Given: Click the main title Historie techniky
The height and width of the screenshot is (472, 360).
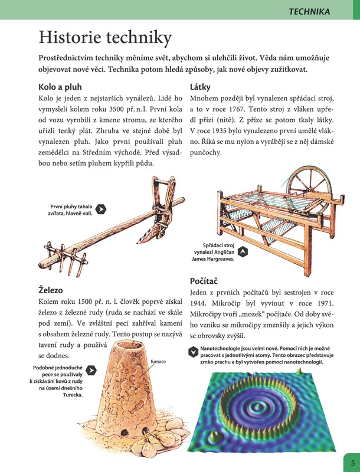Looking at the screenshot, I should click(105, 38).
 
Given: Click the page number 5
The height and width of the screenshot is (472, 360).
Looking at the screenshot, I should click(352, 463).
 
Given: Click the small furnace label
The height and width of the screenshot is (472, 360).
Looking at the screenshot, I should click(158, 361).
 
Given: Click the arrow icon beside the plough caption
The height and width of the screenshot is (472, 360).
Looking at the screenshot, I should click(101, 208).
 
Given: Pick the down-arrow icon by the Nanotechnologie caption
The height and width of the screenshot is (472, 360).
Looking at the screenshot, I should click(193, 352).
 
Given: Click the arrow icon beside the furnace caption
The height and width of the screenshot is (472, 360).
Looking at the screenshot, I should click(91, 370).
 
